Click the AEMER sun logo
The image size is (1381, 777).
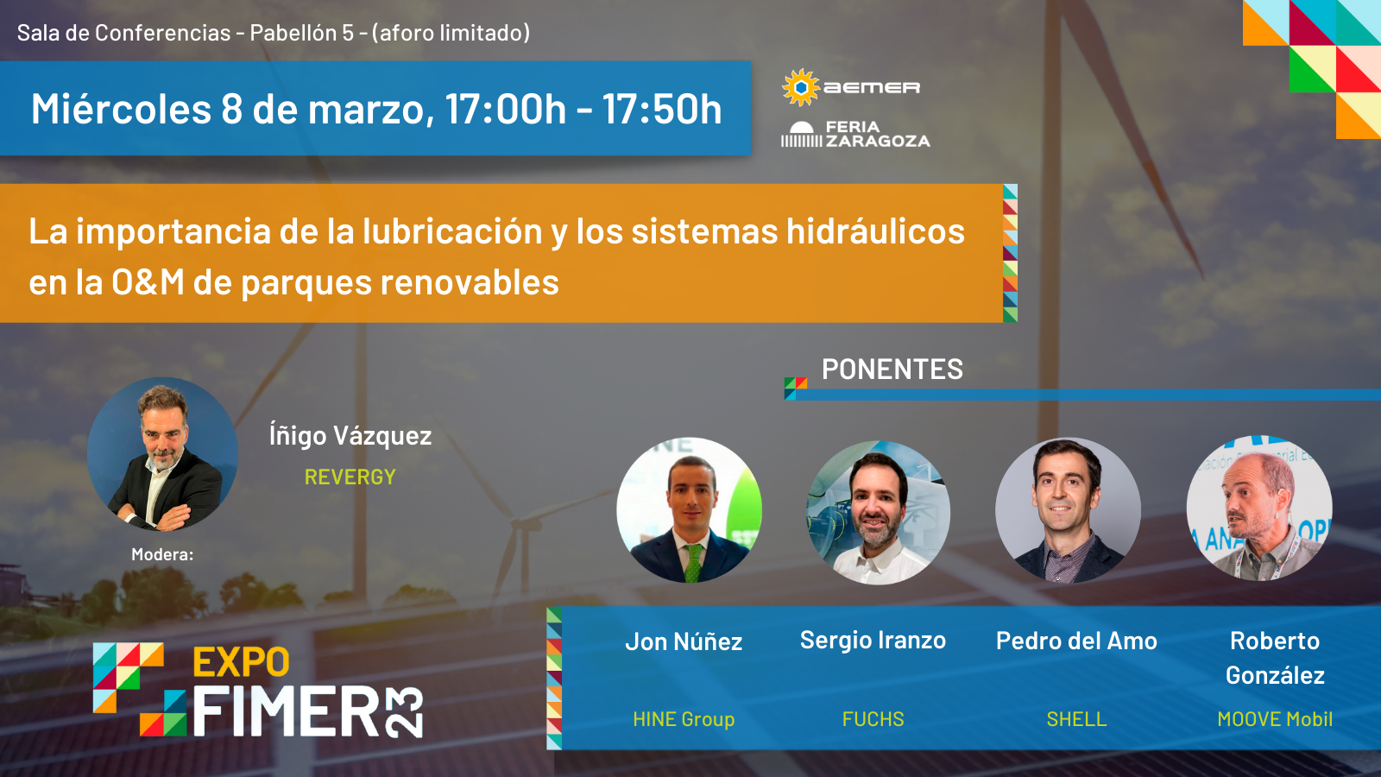[801, 87]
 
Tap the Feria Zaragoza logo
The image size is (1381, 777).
[854, 135]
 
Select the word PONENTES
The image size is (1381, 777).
[892, 370]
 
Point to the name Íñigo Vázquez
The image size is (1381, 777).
[350, 436]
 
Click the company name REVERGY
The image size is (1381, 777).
[350, 477]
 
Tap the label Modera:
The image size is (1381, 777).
[162, 555]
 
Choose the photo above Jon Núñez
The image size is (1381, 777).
[689, 509]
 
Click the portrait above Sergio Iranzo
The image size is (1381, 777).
[878, 512]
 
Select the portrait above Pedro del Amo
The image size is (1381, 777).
[1068, 509]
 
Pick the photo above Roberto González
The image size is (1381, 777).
[1258, 509]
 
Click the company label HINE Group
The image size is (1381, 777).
[684, 719]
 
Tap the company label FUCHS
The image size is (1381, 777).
[873, 719]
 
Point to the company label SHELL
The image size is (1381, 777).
[1076, 719]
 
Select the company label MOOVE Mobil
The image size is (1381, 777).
[1275, 719]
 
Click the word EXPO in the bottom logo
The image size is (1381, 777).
[241, 663]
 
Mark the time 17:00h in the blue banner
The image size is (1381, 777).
[505, 110]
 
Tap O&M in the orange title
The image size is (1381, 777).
[148, 282]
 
